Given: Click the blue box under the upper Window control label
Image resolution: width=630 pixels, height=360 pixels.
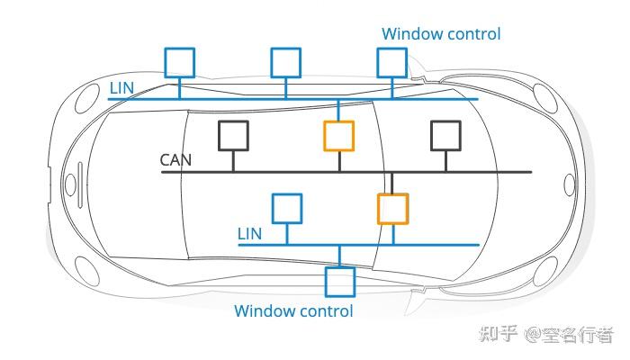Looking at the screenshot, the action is [x=392, y=49].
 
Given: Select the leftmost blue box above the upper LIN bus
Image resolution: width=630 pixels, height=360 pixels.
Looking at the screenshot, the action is [x=180, y=49].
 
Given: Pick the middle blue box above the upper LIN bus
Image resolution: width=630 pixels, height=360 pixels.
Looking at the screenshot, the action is [x=285, y=49].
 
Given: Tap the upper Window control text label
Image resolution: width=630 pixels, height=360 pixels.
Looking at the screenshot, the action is [x=441, y=34].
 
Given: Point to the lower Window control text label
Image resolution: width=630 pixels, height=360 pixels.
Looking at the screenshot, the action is [x=293, y=311].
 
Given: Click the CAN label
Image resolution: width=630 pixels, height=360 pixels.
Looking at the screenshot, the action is [x=175, y=160].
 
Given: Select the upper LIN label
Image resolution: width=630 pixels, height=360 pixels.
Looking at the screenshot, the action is [x=121, y=88].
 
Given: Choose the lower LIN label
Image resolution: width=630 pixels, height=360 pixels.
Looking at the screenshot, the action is [x=249, y=233].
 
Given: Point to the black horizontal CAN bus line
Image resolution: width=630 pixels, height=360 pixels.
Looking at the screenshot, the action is [x=346, y=172].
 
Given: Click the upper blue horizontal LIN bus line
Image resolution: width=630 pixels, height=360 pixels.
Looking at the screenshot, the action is [x=293, y=99].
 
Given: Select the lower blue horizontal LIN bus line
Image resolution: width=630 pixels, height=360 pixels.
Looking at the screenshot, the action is [x=359, y=245].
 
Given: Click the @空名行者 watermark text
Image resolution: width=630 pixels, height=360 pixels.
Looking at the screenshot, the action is [x=569, y=334].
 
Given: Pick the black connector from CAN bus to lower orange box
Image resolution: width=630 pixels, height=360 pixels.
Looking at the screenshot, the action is [x=392, y=184].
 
